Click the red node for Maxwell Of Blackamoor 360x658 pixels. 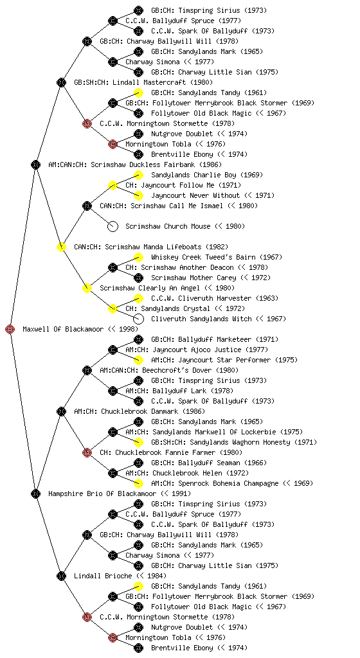point(10,329)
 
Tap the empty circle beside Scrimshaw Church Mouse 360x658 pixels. point(113,226)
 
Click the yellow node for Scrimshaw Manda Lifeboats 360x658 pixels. point(61,247)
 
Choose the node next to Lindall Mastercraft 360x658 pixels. point(61,82)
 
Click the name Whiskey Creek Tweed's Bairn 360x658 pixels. point(204,257)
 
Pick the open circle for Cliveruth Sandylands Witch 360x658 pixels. point(138,319)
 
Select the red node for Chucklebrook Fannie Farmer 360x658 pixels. point(87,452)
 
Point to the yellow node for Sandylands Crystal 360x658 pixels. point(113,308)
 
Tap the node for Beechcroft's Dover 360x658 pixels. point(87,370)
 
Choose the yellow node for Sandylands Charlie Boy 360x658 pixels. point(138,175)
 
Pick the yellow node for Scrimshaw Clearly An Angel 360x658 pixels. point(87,288)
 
